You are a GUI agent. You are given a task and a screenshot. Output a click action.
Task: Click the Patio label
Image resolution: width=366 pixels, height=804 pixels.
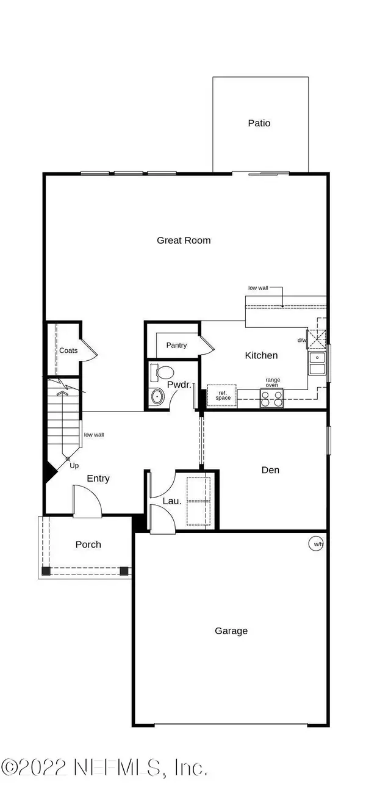point(259,123)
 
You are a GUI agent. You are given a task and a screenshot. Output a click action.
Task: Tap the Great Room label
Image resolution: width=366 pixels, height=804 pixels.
point(184,240)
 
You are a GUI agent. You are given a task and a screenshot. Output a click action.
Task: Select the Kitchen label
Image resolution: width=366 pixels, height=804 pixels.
point(261,355)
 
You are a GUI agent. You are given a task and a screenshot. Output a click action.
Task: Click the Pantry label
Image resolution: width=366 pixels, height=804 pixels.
point(176,345)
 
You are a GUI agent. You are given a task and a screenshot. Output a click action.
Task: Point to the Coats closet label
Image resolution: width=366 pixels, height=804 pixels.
point(68,350)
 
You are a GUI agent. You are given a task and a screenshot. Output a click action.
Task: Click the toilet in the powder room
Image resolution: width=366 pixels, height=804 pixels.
point(162,372)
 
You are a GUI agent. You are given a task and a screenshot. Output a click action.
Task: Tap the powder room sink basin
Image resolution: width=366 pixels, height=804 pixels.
point(157,396)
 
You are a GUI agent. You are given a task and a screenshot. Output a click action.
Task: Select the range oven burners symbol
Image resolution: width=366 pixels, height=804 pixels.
point(271,399)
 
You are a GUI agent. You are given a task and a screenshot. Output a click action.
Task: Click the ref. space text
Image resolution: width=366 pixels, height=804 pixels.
point(223,396)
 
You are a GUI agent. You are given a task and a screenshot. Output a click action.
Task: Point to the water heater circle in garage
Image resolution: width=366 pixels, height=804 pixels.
point(316,544)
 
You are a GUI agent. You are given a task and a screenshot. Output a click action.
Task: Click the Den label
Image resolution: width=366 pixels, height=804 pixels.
point(270,470)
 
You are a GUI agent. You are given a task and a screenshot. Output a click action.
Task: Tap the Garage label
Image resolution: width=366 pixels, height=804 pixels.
point(231,631)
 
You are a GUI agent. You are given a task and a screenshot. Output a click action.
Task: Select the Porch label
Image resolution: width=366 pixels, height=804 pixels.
point(88,545)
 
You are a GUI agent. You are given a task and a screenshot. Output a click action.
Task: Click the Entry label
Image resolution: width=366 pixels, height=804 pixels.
point(98,479)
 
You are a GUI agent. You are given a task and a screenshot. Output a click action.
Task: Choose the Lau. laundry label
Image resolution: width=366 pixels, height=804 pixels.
point(172,501)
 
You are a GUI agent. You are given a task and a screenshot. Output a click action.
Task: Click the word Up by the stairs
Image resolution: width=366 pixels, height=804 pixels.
point(74,466)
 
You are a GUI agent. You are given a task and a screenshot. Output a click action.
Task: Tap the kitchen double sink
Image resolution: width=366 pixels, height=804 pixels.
point(317,363)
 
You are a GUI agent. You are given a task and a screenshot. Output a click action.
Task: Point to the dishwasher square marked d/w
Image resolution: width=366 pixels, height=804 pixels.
point(317,339)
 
